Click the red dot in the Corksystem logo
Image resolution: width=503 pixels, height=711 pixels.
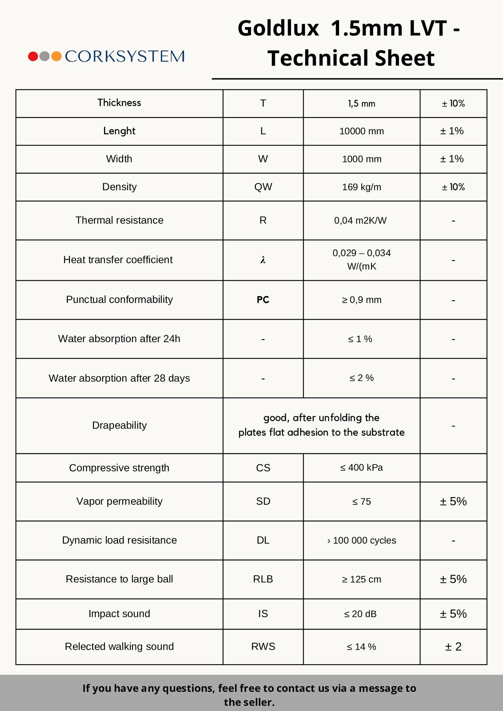point(33,56)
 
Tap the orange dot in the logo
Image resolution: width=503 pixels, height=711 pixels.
point(56,56)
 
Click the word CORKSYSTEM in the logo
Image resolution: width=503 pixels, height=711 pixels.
point(125,56)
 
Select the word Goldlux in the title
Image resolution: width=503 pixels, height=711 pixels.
point(278,28)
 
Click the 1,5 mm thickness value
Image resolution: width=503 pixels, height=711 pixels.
point(361,104)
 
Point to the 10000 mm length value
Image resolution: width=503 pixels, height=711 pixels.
point(361,131)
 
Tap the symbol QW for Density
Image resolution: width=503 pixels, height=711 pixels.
point(263,187)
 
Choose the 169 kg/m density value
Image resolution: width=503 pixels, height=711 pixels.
point(361,187)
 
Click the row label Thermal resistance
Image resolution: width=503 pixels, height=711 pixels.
point(119,220)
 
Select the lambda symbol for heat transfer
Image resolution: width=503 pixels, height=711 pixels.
point(263,260)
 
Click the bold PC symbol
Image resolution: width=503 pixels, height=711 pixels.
point(263,300)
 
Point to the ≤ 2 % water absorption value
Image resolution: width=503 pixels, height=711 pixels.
point(361,378)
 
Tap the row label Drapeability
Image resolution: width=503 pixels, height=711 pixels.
point(119,425)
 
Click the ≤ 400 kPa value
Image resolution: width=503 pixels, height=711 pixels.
point(361,468)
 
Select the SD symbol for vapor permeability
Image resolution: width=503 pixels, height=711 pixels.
point(263,501)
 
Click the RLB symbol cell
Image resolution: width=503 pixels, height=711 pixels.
point(263,579)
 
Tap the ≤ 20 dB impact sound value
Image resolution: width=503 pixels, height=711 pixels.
point(360,614)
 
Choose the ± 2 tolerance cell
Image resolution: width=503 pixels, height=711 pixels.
point(453,647)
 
